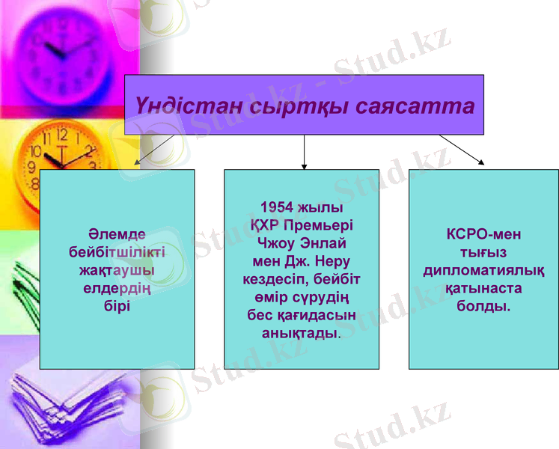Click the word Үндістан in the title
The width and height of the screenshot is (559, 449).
[178, 106]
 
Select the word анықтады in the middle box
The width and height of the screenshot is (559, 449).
[299, 333]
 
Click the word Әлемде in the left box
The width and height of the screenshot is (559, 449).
[117, 234]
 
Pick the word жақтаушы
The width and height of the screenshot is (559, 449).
[117, 270]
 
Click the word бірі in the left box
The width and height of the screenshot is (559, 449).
[117, 306]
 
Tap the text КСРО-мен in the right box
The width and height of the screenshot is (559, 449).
[483, 234]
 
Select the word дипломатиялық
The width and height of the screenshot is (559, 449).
[483, 270]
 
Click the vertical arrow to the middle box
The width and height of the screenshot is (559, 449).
[304, 151]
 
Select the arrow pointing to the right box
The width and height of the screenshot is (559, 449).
[461, 149]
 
